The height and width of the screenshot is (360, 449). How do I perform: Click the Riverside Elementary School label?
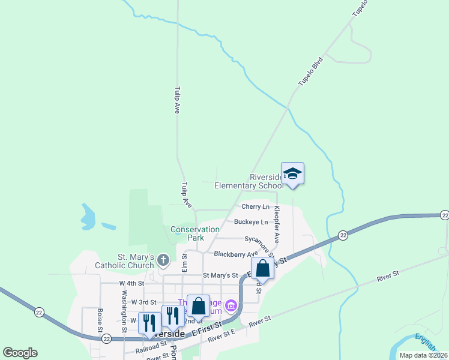click(249, 181)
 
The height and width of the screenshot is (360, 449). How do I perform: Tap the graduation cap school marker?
click(292, 174)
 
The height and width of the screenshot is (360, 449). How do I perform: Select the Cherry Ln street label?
click(256, 207)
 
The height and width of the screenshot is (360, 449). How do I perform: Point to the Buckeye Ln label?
click(251, 222)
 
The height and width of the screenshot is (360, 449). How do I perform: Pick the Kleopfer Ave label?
click(277, 225)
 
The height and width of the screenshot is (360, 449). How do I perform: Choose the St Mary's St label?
click(220, 275)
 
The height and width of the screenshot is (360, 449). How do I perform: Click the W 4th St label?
click(131, 283)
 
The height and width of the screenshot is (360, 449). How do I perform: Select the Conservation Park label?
click(195, 233)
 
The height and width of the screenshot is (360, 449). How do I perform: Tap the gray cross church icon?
click(162, 261)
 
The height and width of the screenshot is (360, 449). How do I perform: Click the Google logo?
click(20, 353)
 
